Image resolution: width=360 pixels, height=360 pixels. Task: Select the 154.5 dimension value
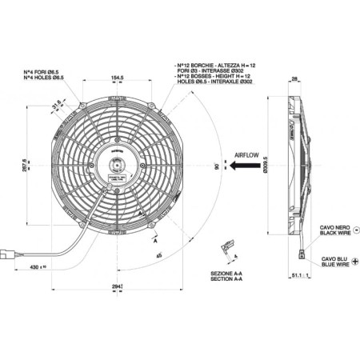click(x=118, y=77)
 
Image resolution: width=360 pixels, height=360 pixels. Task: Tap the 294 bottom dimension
click(x=118, y=286)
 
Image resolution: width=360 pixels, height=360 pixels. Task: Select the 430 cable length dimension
click(x=37, y=266)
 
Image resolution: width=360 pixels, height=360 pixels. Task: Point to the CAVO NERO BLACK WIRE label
click(x=334, y=230)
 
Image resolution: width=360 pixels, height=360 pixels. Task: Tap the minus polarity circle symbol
click(x=355, y=230)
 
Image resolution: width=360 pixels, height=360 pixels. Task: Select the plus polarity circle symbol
click(x=354, y=261)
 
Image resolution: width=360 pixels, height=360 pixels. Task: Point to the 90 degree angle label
click(x=218, y=167)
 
